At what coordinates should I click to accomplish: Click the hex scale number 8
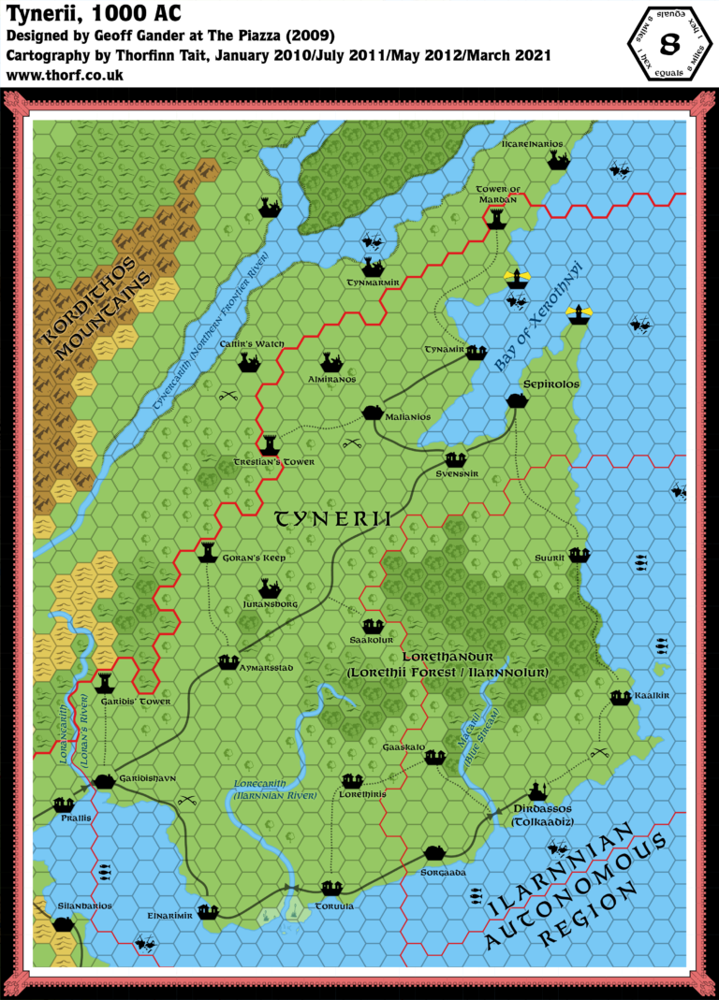pos(669,44)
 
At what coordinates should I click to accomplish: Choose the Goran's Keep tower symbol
pos(209,552)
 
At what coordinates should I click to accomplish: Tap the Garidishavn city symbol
pos(104,781)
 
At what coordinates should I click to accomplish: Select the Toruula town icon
pos(330,887)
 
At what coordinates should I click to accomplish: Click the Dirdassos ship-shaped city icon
pos(536,790)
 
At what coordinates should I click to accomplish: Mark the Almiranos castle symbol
pos(330,362)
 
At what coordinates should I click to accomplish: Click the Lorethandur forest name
pos(449,659)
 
